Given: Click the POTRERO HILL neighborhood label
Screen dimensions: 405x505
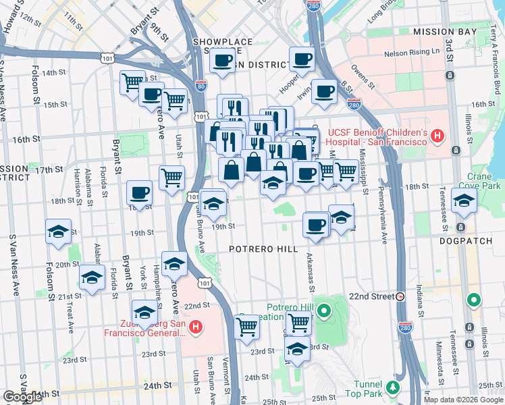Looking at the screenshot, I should [263, 249].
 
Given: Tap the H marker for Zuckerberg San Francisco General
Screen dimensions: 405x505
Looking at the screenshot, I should [196, 328].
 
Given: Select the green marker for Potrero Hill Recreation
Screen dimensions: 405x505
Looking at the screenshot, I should [324, 312].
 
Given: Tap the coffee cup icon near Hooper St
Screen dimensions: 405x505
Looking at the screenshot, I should [325, 91].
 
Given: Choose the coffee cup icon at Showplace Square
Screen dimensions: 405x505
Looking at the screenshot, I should [221, 61].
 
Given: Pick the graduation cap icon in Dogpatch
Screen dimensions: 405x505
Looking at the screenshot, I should [464, 200].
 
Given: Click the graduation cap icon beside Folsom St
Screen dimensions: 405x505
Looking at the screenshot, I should [59, 232].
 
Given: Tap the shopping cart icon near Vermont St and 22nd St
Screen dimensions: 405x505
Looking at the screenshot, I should [247, 327].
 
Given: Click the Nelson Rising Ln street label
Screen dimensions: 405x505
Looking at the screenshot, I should [411, 53].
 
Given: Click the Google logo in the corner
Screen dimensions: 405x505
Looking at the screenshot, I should [22, 397].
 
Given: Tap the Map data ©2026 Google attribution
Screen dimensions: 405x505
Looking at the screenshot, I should [462, 400].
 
